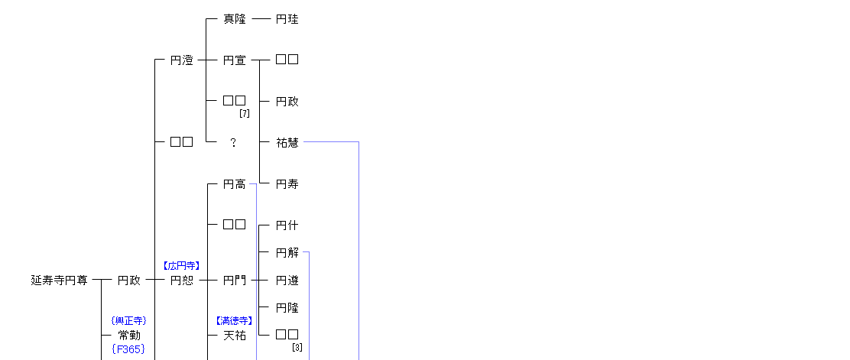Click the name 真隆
coord(235,19)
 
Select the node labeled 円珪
coord(287,19)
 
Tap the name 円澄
coord(181,60)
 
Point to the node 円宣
coord(235,60)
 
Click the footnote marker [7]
coord(245,113)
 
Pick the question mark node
coord(234,143)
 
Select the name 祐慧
coord(287,143)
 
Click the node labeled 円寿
coord(287,184)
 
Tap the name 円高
coord(235,184)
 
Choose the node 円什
coord(287,225)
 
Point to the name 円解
coord(287,253)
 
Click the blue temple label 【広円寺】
coord(181,266)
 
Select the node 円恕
coord(181,281)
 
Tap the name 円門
coord(235,281)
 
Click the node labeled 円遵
coord(287,281)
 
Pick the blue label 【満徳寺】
coord(235,321)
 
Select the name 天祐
coord(235,336)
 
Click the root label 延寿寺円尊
coord(59,281)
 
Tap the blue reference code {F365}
coord(128,349)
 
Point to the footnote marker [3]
coord(297,348)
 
